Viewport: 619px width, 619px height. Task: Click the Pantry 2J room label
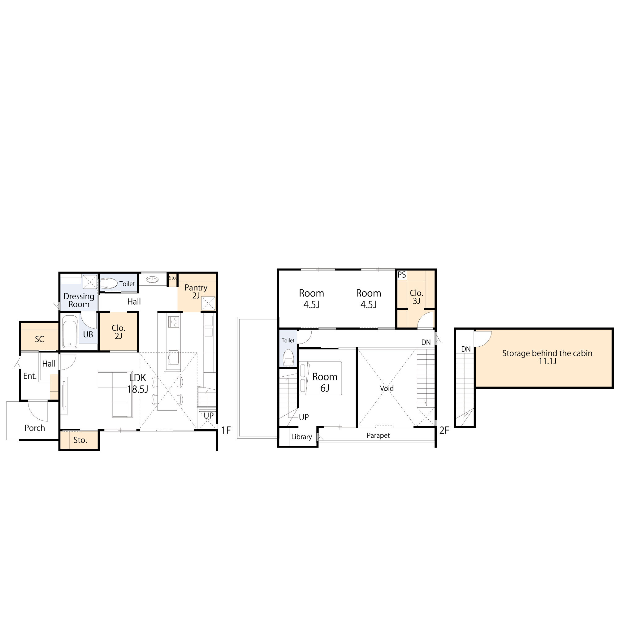tap(196, 292)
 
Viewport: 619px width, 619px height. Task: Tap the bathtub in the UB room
tap(70, 331)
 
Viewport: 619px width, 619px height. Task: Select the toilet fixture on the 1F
tap(109, 284)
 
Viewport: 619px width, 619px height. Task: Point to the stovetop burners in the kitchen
tap(173, 322)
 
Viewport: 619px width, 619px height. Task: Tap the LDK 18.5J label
tap(137, 383)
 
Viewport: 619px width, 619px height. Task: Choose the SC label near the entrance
tap(39, 339)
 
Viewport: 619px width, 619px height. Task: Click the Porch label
tap(35, 428)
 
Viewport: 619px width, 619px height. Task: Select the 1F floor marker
tap(226, 430)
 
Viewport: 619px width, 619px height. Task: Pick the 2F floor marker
tap(444, 430)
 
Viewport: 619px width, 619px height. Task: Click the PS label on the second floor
tap(401, 275)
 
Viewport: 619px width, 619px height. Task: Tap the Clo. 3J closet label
tap(417, 297)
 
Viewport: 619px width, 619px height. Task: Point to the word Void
tap(387, 388)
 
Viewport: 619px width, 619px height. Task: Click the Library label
tap(301, 437)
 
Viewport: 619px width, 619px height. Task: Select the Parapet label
tap(379, 435)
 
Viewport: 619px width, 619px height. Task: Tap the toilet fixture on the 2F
tap(288, 357)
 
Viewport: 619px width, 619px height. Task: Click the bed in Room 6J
tap(320, 378)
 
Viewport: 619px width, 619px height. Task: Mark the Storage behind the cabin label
tap(547, 357)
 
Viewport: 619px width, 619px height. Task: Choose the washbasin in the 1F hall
tap(153, 280)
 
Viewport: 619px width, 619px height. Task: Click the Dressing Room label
tap(79, 300)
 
